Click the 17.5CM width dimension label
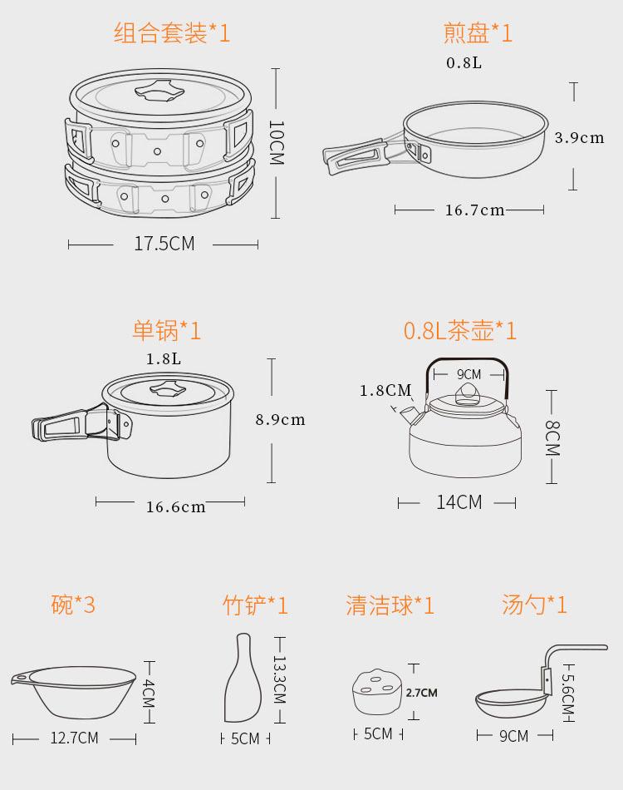tap(164, 244)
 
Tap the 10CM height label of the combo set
tap(277, 142)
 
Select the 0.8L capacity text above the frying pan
tap(464, 63)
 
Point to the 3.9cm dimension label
tap(579, 137)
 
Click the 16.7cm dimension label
tap(474, 210)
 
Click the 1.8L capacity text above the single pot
tap(164, 358)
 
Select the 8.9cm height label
tap(280, 420)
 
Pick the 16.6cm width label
tap(175, 507)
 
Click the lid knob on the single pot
tap(168, 388)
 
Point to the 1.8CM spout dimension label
tap(385, 391)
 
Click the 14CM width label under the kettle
tap(459, 502)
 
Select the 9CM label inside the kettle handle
tap(469, 374)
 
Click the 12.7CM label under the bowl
tap(74, 738)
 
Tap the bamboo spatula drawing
tap(243, 678)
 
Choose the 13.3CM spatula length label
tap(280, 679)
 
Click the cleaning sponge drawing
tap(377, 692)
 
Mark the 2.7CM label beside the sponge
tap(422, 693)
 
